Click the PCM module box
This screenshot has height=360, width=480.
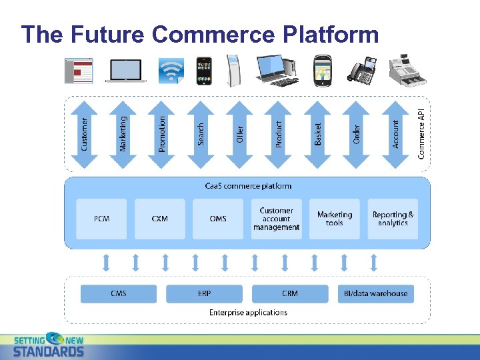click(x=101, y=219)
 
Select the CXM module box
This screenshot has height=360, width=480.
click(x=160, y=219)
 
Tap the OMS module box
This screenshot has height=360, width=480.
click(x=218, y=219)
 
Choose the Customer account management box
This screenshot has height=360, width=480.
click(x=276, y=219)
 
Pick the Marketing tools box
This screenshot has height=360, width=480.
click(x=334, y=219)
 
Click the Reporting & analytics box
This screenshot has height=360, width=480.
click(x=393, y=219)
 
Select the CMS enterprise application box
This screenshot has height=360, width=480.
click(x=119, y=293)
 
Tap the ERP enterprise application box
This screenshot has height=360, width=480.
click(x=204, y=293)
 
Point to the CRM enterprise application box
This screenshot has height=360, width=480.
click(x=290, y=293)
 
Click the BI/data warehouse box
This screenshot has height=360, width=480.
click(x=375, y=293)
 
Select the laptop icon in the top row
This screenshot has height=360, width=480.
click(x=125, y=71)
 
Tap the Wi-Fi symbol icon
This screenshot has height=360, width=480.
click(x=171, y=71)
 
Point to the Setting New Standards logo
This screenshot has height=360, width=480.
click(x=49, y=345)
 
